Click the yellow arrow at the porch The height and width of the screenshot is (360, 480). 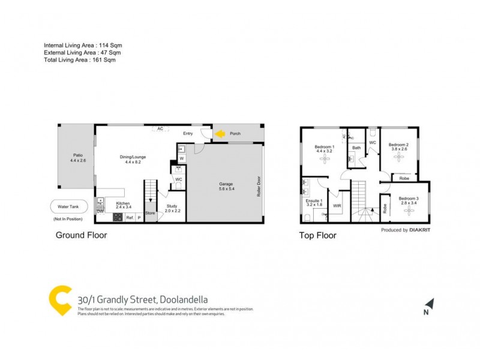tap(220, 134)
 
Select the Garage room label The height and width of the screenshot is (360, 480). tap(226, 184)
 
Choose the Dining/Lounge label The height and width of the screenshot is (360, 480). tap(133, 157)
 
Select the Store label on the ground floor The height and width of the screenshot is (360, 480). tap(150, 212)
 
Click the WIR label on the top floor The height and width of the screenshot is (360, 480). tap(337, 205)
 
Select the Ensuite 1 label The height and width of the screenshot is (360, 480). tap(314, 202)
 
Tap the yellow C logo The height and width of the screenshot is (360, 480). tap(61, 299)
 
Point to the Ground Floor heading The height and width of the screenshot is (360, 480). tap(81, 235)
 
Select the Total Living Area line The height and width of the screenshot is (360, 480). tap(79, 59)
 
